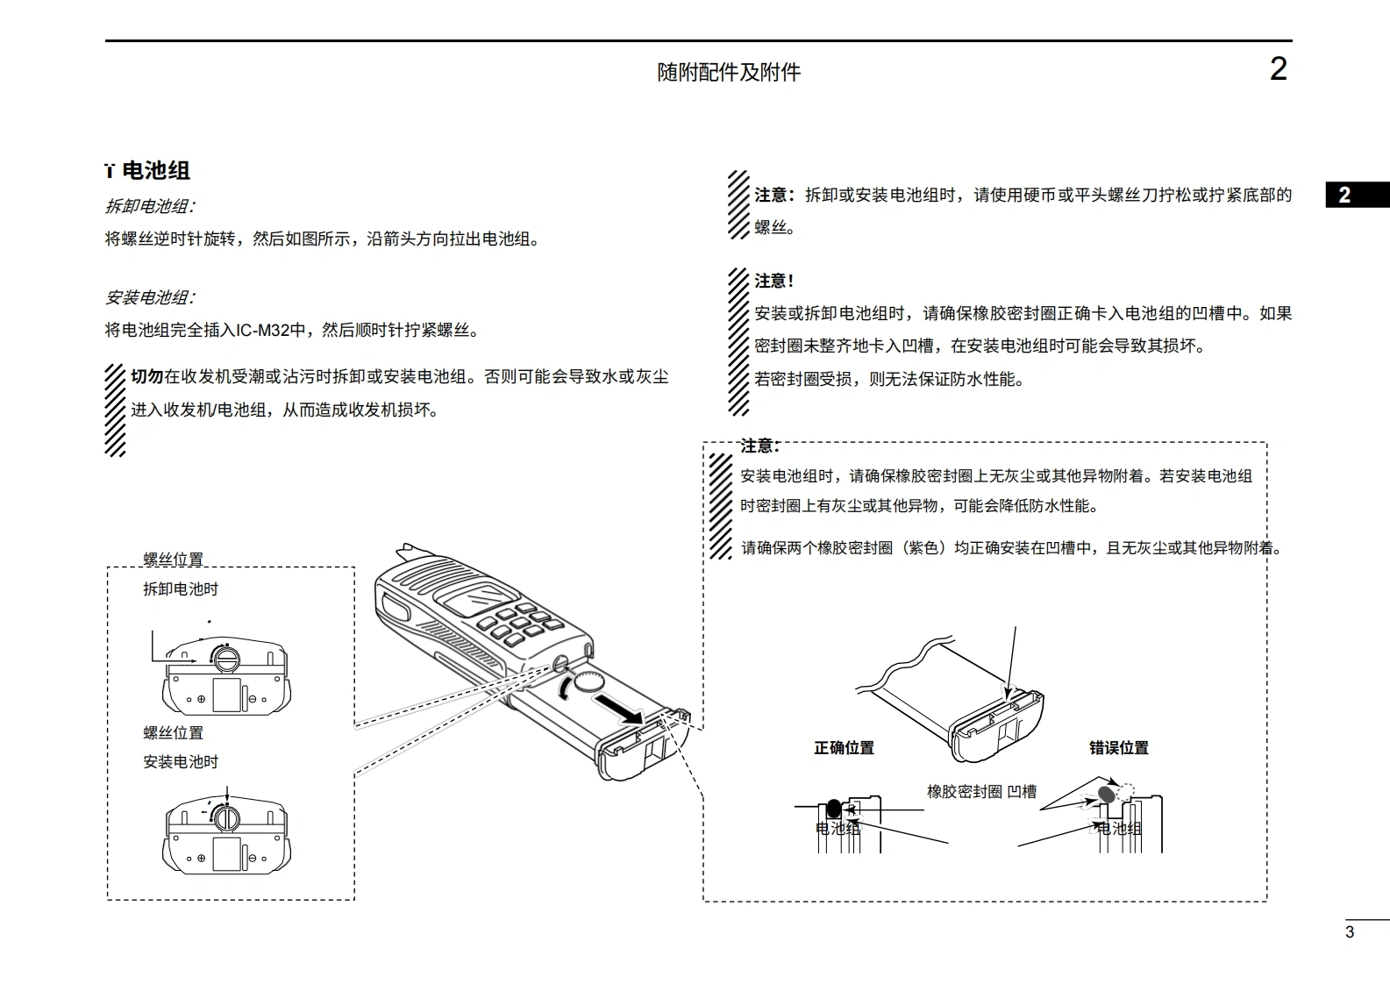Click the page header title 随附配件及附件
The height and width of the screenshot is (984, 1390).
(x=729, y=72)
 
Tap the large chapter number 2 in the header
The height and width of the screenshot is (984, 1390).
(x=1278, y=69)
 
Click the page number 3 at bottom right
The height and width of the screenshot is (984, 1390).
(x=1350, y=932)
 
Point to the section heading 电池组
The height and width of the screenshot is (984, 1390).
(x=156, y=170)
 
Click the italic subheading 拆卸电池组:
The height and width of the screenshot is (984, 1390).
(x=150, y=206)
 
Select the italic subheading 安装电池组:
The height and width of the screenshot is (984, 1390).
(x=150, y=297)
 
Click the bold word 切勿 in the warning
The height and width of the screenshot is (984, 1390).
(x=146, y=376)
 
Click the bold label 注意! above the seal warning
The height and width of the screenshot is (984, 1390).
(x=773, y=281)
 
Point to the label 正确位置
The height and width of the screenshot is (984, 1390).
(x=844, y=748)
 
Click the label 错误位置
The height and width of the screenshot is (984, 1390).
(x=1118, y=748)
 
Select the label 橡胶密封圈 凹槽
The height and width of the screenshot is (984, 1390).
(x=981, y=792)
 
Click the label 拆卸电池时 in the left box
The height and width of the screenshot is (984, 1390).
(x=181, y=589)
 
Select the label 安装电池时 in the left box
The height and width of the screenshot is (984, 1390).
(x=181, y=762)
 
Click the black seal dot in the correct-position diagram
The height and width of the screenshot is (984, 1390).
(x=833, y=809)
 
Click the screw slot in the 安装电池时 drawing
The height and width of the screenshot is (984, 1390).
(x=226, y=818)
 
